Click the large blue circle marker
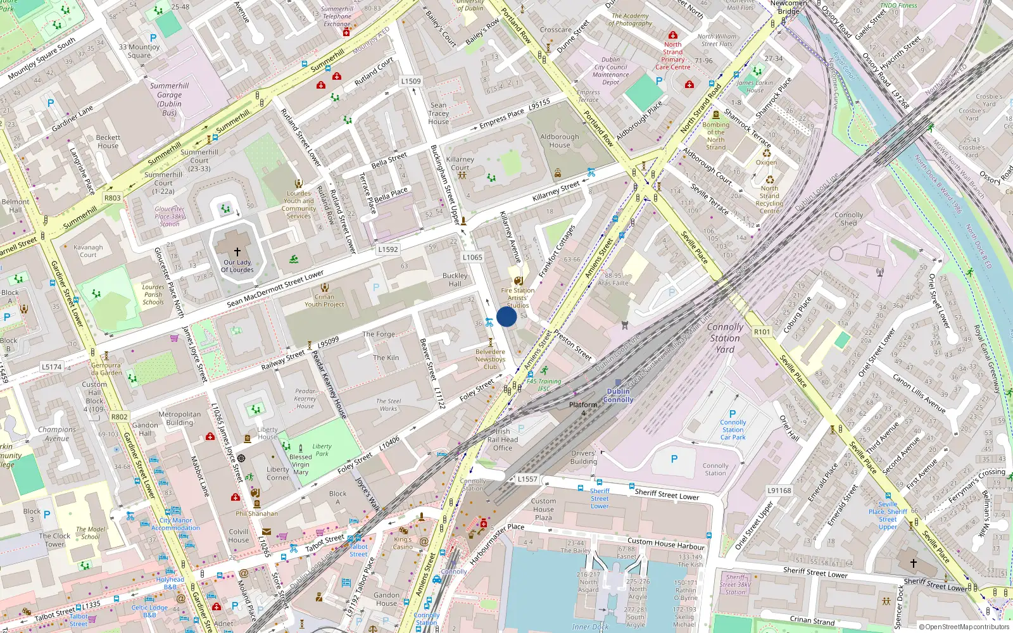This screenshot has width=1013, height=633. coord(507,316)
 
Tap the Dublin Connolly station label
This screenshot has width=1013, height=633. coord(619,396)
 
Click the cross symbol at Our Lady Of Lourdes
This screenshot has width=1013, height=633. coord(237,252)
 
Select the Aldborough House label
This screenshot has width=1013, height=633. coord(560,141)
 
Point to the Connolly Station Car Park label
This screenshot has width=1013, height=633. coord(733,430)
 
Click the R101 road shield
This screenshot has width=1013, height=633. coord(762,332)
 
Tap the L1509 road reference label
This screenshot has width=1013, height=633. coord(411,81)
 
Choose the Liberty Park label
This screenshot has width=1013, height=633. coord(322,449)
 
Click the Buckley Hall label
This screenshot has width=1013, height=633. coord(455,280)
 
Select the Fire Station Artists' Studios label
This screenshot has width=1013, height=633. coord(518,298)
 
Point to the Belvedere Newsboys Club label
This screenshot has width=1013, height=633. coord(491,360)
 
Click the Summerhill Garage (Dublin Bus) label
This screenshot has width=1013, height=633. coord(169,99)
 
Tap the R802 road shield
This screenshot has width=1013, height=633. coord(119,417)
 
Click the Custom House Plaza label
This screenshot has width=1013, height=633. coord(543,509)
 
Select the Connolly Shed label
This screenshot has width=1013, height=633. coord(848,219)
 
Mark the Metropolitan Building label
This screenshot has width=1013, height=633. coord(180,418)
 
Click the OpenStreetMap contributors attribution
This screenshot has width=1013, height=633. coord(964,627)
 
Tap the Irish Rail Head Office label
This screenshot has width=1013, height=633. coord(503,440)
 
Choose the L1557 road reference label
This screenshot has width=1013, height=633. coord(527,479)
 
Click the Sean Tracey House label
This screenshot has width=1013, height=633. coord(438,113)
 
